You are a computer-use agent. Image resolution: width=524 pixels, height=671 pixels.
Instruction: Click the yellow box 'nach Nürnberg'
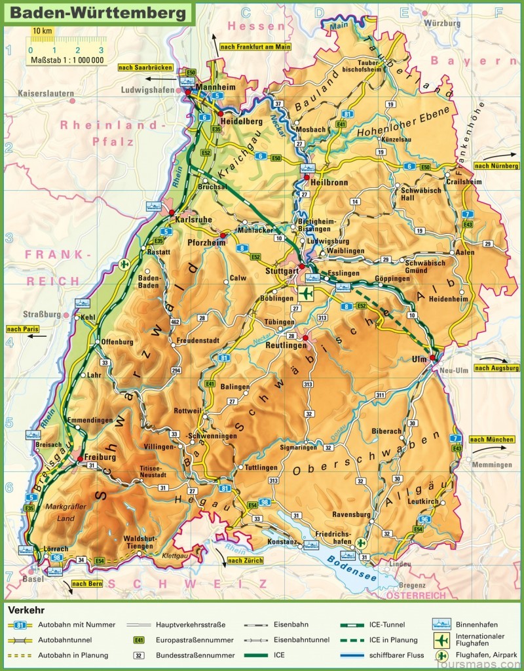(496, 166)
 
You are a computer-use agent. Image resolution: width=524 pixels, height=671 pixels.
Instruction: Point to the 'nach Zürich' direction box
(245, 561)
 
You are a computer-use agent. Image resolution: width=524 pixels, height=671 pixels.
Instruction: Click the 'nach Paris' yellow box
(21, 329)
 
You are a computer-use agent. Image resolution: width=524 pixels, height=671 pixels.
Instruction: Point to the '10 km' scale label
(41, 31)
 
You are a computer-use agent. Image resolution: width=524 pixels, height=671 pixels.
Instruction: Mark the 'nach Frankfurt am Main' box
(255, 47)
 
